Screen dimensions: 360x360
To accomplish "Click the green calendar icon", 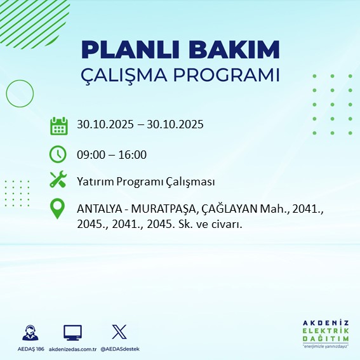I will (x=58, y=125).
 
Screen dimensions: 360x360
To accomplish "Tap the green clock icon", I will (x=58, y=154).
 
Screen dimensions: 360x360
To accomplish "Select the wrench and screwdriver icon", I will (x=58, y=180).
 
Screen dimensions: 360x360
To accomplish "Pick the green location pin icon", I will (x=58, y=209).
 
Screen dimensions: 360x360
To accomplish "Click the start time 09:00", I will (x=90, y=154).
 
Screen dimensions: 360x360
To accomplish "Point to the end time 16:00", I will (x=133, y=154).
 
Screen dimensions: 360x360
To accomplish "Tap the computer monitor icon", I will (x=72, y=332).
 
